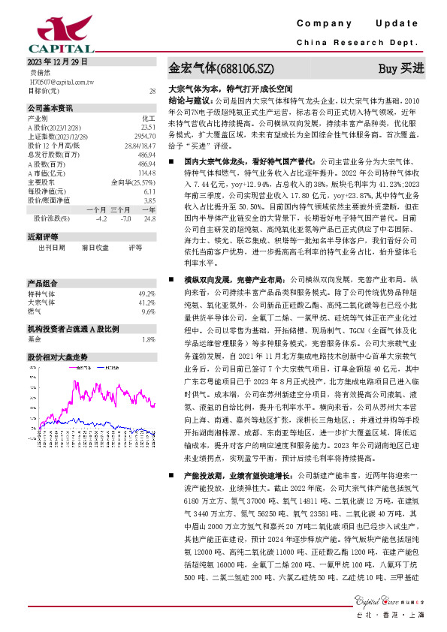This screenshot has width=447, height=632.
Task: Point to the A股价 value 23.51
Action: coord(147,127)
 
